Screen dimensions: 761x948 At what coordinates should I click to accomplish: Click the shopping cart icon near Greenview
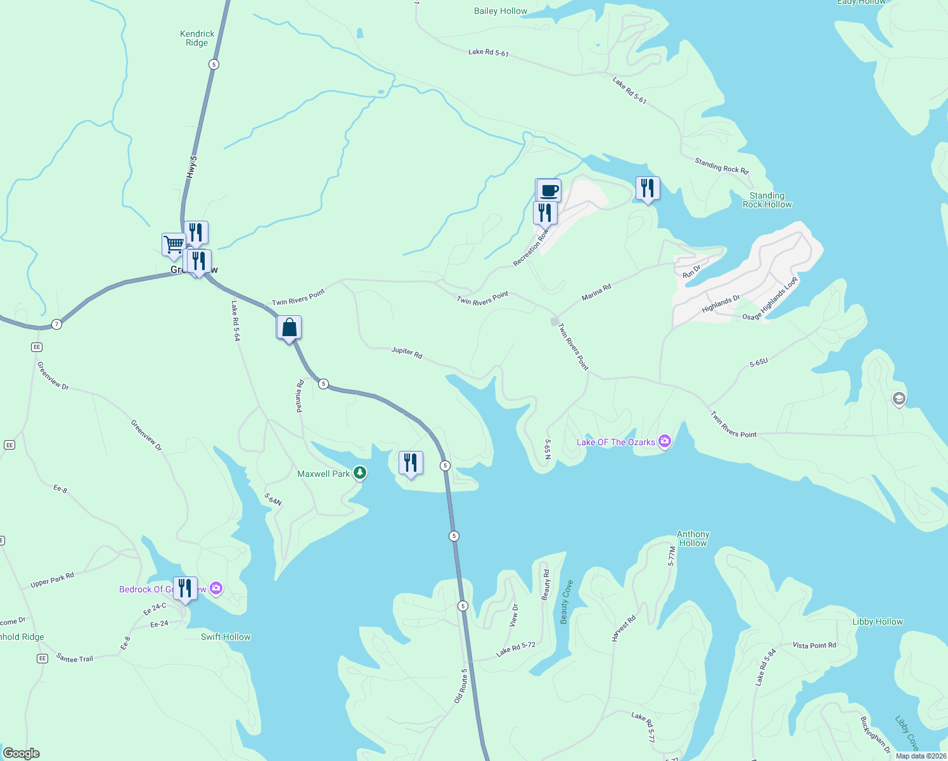tap(173, 244)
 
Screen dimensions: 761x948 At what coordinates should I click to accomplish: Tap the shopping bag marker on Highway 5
tap(289, 327)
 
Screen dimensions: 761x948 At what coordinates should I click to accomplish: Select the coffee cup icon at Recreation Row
tap(549, 190)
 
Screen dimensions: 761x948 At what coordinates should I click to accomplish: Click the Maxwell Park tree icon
tap(360, 472)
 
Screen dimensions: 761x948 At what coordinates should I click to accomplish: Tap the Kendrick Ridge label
tap(197, 38)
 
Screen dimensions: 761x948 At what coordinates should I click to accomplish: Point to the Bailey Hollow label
tap(501, 11)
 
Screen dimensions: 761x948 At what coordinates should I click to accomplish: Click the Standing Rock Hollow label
tap(767, 200)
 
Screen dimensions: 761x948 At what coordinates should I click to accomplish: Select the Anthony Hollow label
tap(693, 538)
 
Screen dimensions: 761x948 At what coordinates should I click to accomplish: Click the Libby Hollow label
tap(877, 621)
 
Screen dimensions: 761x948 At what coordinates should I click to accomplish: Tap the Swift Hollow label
tap(226, 637)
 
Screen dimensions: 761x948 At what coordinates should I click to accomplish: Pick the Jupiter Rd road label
tap(407, 353)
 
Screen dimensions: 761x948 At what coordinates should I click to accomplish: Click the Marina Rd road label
tap(596, 292)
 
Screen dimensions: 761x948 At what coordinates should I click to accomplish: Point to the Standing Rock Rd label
tap(721, 166)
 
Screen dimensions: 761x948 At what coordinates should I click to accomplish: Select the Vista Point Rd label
tap(814, 645)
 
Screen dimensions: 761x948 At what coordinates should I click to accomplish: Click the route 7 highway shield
tap(57, 324)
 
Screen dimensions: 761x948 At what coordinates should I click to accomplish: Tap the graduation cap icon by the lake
tap(899, 399)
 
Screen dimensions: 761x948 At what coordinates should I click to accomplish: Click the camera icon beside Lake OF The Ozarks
tap(664, 441)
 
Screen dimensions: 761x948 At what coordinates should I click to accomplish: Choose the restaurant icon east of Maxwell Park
tap(411, 463)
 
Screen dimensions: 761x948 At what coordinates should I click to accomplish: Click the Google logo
tap(21, 753)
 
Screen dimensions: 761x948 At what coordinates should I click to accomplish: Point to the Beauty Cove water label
tap(567, 602)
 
